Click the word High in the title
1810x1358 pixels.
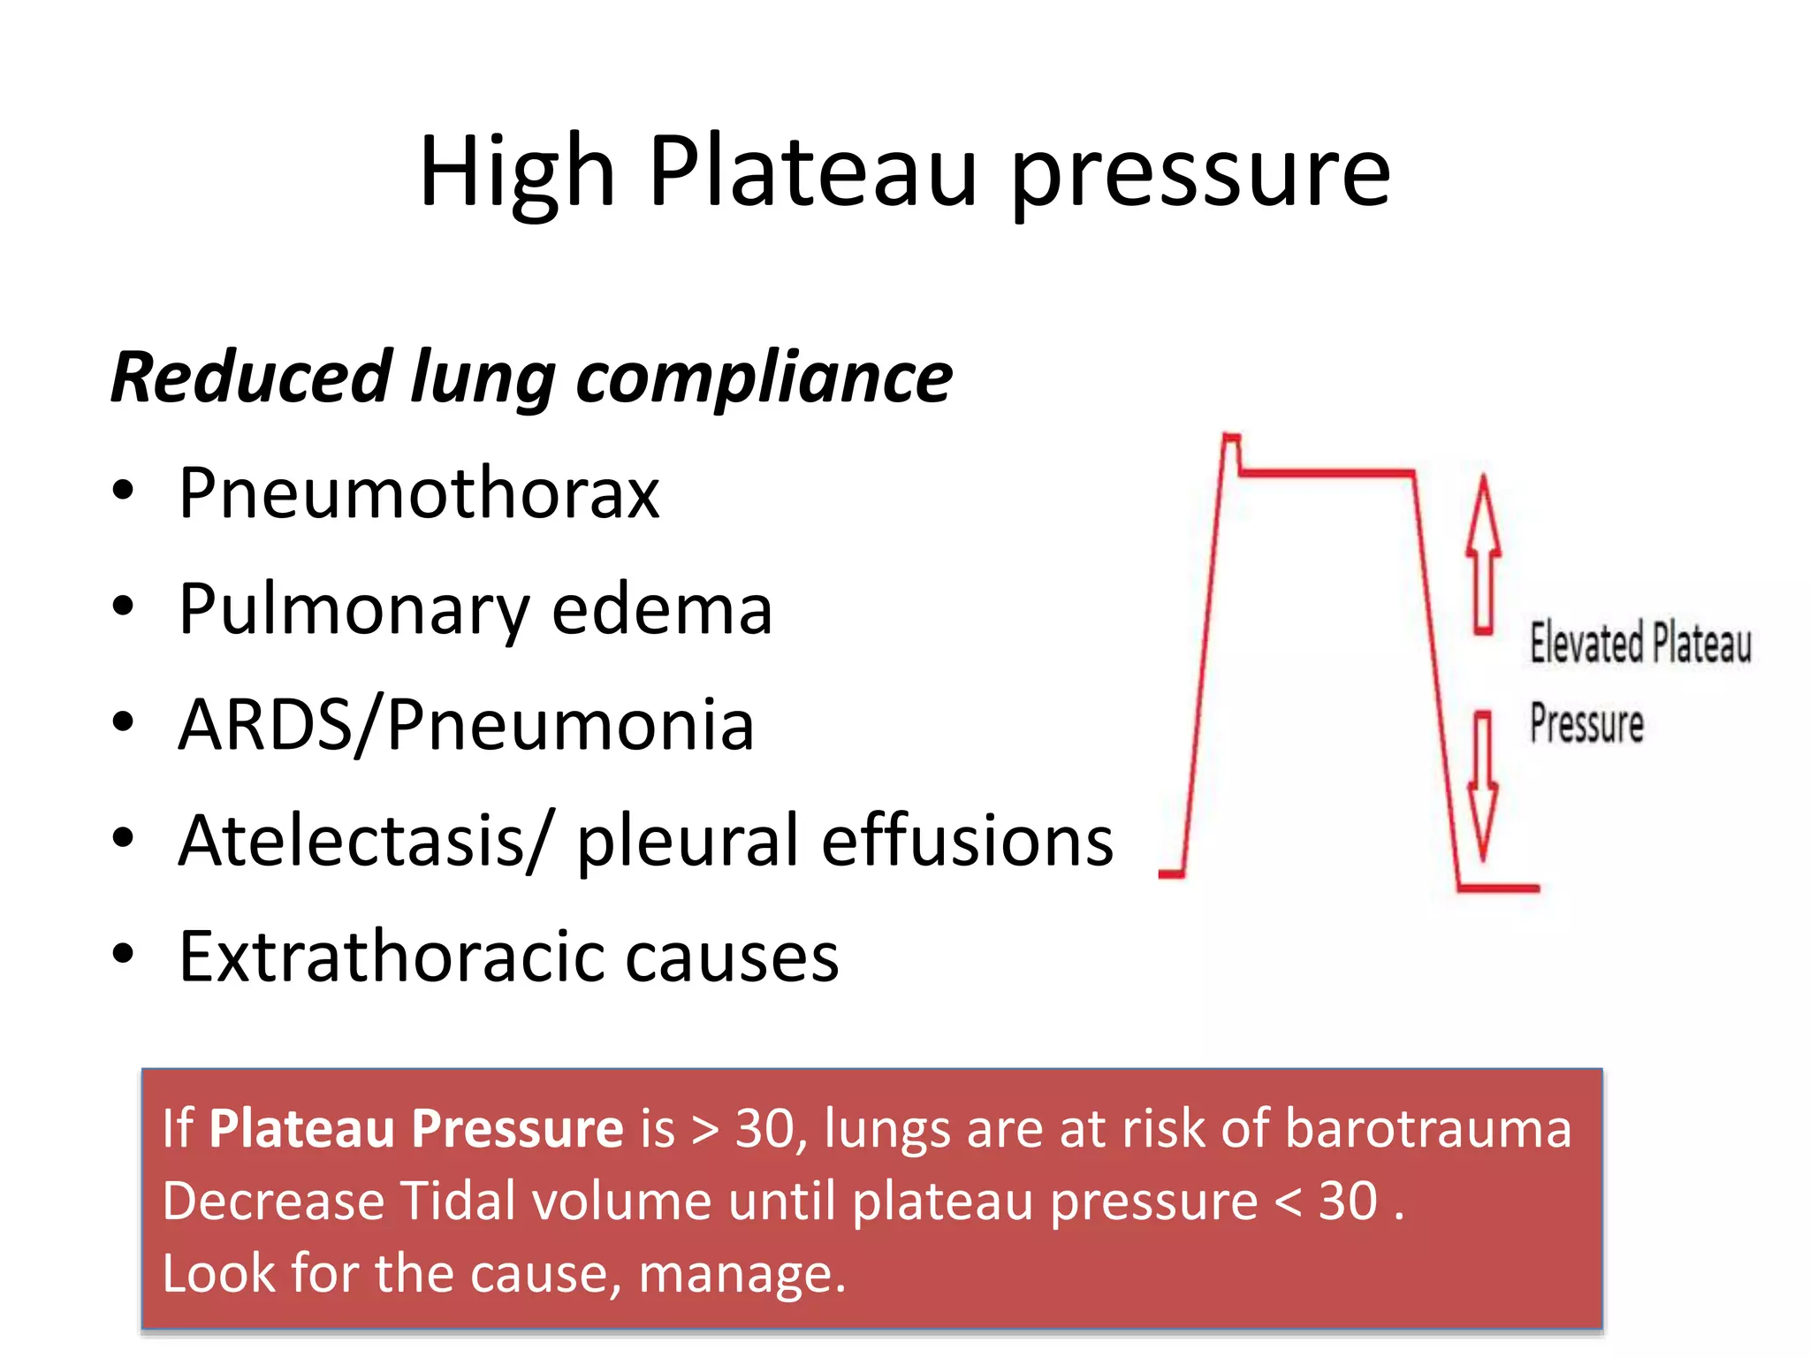(517, 172)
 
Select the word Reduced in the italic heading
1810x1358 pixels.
(251, 378)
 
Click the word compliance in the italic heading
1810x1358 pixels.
(764, 378)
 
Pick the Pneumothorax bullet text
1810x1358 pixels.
(419, 492)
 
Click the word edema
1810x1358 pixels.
(662, 609)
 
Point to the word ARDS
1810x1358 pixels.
(265, 725)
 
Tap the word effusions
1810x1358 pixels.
(967, 841)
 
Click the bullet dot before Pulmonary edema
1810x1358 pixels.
(123, 607)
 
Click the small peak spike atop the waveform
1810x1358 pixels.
(1230, 442)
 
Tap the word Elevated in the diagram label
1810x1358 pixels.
(1586, 643)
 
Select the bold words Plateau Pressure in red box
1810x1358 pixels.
(416, 1129)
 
